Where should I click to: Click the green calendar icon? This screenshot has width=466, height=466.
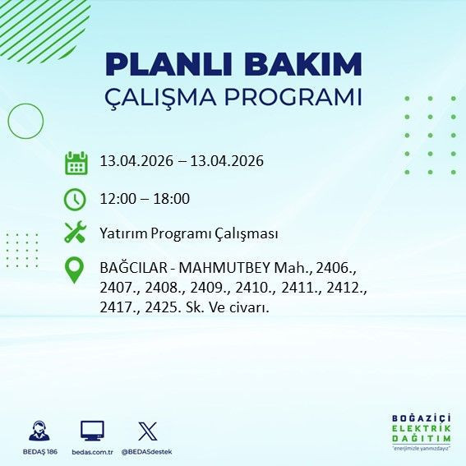76,162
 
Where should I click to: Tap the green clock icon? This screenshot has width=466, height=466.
75,199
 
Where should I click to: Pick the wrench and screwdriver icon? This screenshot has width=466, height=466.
75,233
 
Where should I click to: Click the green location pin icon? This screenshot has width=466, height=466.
75,270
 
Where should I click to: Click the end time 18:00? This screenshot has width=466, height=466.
173,199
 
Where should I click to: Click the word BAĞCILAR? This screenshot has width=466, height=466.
131,269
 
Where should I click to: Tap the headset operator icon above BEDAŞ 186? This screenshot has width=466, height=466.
38,431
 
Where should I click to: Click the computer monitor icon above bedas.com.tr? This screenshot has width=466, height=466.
91,431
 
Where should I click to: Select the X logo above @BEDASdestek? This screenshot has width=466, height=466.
147,431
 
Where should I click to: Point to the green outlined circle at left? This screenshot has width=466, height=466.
25,121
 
